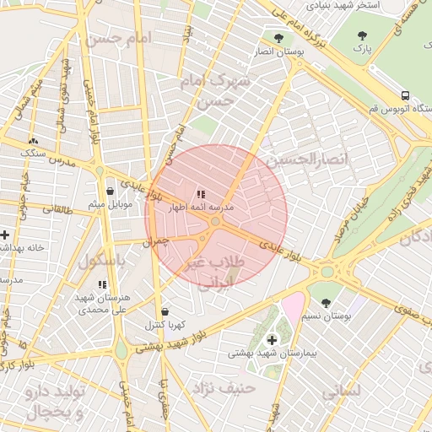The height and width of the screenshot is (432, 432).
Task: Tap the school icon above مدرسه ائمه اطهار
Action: pyautogui.click(x=200, y=194)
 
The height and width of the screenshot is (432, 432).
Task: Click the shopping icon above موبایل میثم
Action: pyautogui.click(x=111, y=191)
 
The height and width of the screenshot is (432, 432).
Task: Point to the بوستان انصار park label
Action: pyautogui.click(x=278, y=51)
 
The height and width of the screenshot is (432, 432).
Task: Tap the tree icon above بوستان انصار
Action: pyautogui.click(x=278, y=38)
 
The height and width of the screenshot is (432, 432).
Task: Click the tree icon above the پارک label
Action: pyautogui.click(x=362, y=35)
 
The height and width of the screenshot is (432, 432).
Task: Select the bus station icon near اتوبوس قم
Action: pyautogui.click(x=406, y=95)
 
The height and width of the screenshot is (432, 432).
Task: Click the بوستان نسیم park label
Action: pyautogui.click(x=326, y=316)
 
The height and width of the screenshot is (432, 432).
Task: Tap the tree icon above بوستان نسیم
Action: pyautogui.click(x=326, y=302)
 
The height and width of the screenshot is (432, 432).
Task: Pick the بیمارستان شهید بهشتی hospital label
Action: pyautogui.click(x=271, y=354)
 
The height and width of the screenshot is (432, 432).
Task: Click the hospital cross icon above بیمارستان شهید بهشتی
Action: pyautogui.click(x=271, y=339)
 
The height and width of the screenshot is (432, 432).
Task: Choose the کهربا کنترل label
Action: pyautogui.click(x=165, y=324)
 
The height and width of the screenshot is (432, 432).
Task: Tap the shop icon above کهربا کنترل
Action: pyautogui.click(x=165, y=310)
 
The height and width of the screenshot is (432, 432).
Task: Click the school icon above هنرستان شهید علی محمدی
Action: pyautogui.click(x=102, y=285)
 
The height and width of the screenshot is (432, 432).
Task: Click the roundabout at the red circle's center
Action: pyautogui.click(x=216, y=222)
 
